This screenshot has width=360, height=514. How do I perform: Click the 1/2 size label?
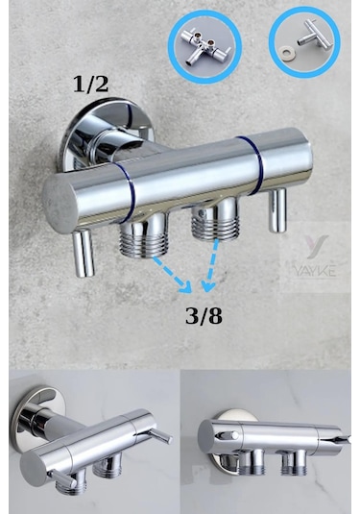click(90, 85)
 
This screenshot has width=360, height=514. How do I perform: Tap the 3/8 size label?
click(204, 316)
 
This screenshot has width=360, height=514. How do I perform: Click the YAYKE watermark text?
click(315, 271)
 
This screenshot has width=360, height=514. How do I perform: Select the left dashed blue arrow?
click(172, 275)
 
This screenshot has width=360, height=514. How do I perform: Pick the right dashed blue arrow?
click(210, 265)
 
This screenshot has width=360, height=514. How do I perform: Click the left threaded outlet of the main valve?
click(144, 235)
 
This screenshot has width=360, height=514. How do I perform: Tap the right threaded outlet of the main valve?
click(215, 218)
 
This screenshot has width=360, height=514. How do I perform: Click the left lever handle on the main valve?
click(84, 253)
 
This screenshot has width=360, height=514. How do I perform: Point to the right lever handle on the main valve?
click(277, 210)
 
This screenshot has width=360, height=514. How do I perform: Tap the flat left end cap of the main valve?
click(59, 204)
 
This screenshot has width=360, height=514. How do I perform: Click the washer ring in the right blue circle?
click(287, 52)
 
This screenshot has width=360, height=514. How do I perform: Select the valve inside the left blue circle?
click(205, 46)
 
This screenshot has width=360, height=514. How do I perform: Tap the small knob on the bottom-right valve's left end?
click(228, 435)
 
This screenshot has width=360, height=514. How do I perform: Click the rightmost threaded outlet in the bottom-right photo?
click(295, 462)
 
